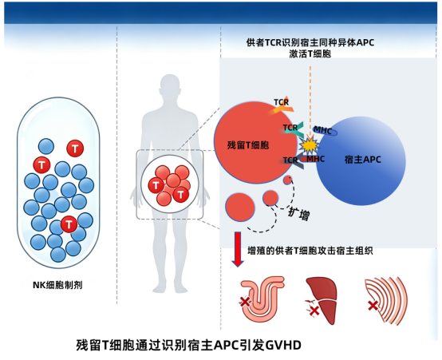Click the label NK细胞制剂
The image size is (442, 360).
[57, 285]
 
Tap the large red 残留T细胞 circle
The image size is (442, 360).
[255, 142]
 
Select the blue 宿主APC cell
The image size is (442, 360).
[361, 160]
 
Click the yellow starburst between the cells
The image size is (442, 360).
[310, 145]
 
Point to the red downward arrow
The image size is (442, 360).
[238, 249]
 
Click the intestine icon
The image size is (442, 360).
[262, 299]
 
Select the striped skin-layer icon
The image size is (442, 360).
[387, 301]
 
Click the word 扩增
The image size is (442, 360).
[299, 214]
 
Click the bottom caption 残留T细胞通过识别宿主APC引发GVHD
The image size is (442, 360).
[188, 345]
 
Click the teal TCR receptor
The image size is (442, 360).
[292, 129]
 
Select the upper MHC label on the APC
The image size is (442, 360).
[323, 131]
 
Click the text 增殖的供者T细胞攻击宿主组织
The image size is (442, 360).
[310, 251]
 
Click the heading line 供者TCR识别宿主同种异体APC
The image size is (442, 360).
[310, 42]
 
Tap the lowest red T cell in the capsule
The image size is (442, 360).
[69, 224]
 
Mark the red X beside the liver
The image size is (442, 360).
[314, 311]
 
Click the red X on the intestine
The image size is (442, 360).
[245, 302]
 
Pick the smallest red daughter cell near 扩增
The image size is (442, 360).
[287, 180]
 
